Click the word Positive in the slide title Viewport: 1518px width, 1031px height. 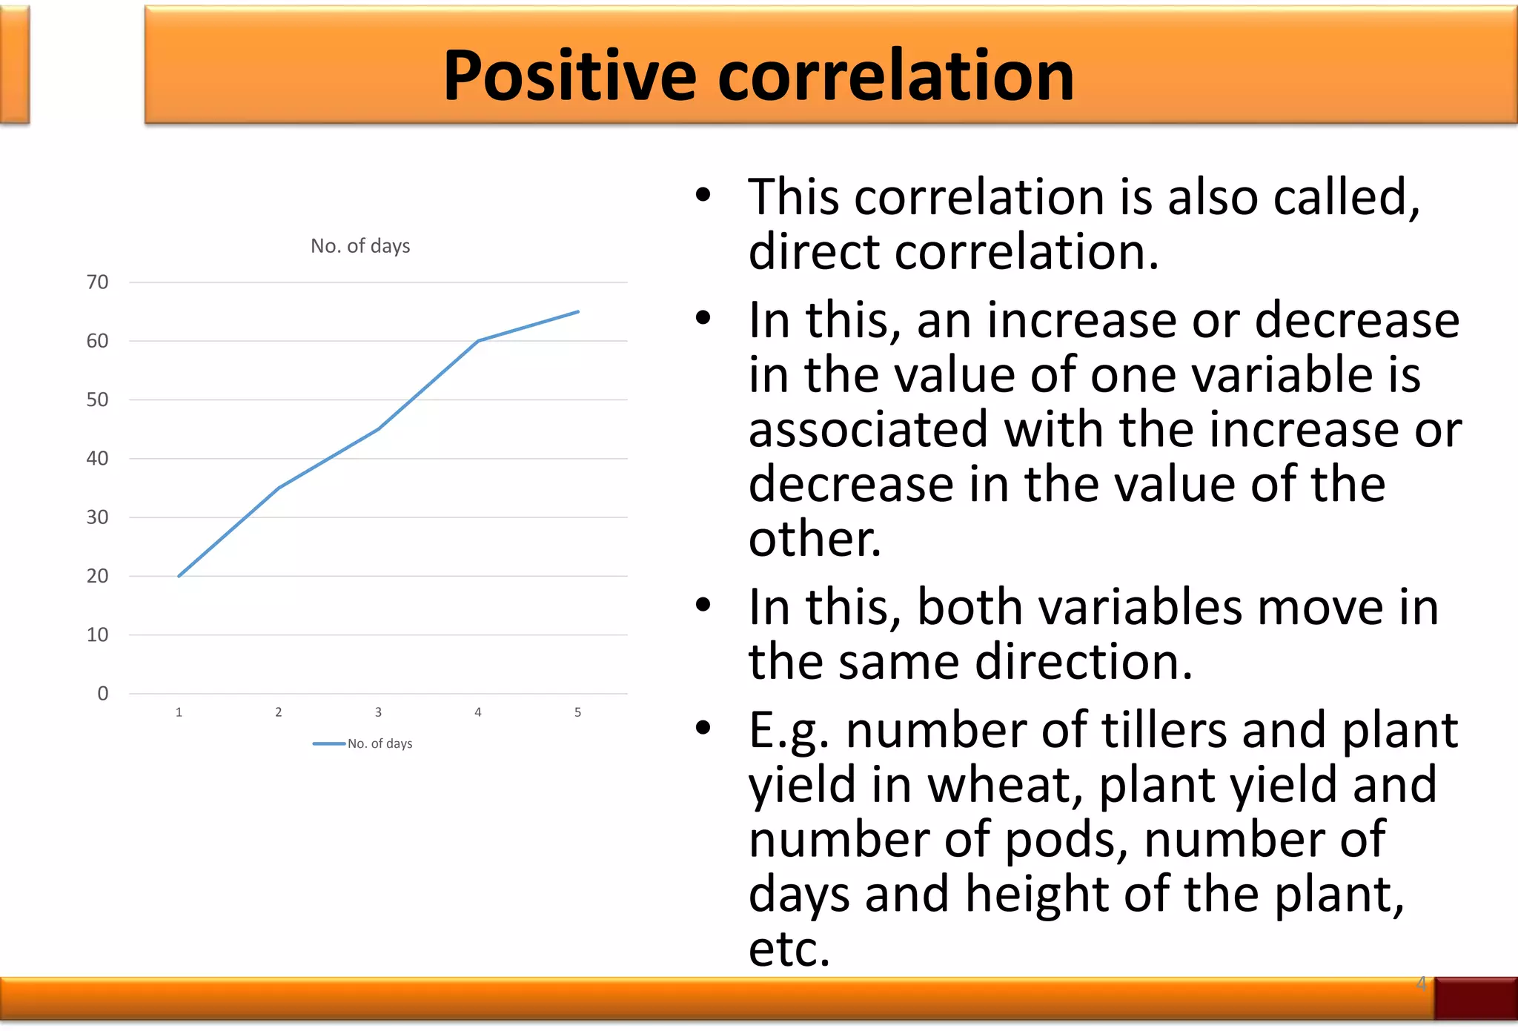[x=569, y=76]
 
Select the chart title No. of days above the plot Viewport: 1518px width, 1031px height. [x=360, y=246]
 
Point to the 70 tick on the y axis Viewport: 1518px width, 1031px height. [x=97, y=282]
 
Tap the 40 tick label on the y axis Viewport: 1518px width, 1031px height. [x=97, y=459]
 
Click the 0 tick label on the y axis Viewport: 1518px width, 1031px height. [x=103, y=694]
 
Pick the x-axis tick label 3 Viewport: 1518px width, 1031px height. [x=378, y=712]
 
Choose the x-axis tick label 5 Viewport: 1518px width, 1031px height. [x=577, y=712]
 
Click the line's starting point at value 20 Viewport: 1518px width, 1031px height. [x=179, y=576]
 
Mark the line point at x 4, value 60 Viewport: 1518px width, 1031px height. [x=478, y=341]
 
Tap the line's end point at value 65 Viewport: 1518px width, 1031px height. [x=578, y=312]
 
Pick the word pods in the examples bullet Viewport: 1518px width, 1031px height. [x=1066, y=840]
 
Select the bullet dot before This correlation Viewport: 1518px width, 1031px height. [x=703, y=196]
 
